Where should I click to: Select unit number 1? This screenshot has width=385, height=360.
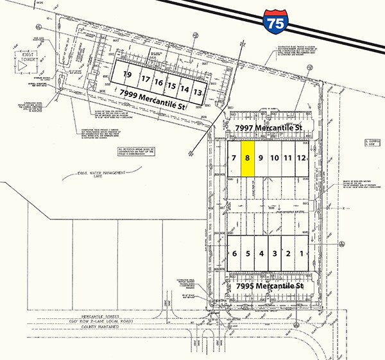[x=303, y=254]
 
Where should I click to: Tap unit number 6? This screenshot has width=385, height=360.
[x=235, y=254]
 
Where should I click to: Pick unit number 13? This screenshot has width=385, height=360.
[x=198, y=92]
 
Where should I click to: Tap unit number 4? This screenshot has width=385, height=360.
[x=261, y=254]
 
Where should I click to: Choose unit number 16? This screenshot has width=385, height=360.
[x=158, y=83]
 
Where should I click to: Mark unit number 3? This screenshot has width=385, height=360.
[x=275, y=254]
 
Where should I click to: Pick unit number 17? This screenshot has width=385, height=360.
[x=145, y=80]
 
